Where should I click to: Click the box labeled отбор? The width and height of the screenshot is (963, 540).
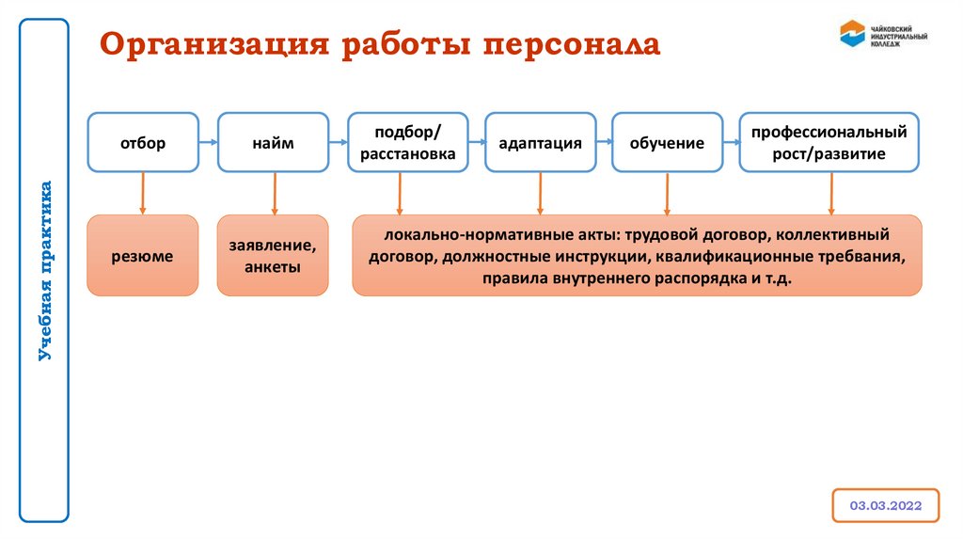click(143, 143)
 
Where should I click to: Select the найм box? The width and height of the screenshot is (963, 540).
click(273, 143)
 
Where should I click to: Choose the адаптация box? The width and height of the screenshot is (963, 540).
click(540, 143)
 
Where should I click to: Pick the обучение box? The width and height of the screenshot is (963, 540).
click(667, 143)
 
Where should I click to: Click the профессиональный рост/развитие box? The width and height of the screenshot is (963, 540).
click(829, 143)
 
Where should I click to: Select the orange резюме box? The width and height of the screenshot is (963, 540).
click(143, 255)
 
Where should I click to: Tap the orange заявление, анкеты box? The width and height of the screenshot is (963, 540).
click(273, 255)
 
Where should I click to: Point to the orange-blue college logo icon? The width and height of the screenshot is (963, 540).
click(853, 34)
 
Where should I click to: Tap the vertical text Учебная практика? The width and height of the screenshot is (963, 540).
click(45, 270)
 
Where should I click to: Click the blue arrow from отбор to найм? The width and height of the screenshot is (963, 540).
click(209, 143)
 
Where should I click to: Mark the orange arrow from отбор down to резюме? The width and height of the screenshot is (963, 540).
click(143, 193)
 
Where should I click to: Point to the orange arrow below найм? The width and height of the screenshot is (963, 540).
click(274, 193)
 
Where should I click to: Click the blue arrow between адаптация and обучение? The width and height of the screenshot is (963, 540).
click(604, 143)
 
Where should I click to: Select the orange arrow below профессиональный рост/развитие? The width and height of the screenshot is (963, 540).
click(830, 193)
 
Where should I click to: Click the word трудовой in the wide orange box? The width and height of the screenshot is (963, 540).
click(659, 234)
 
